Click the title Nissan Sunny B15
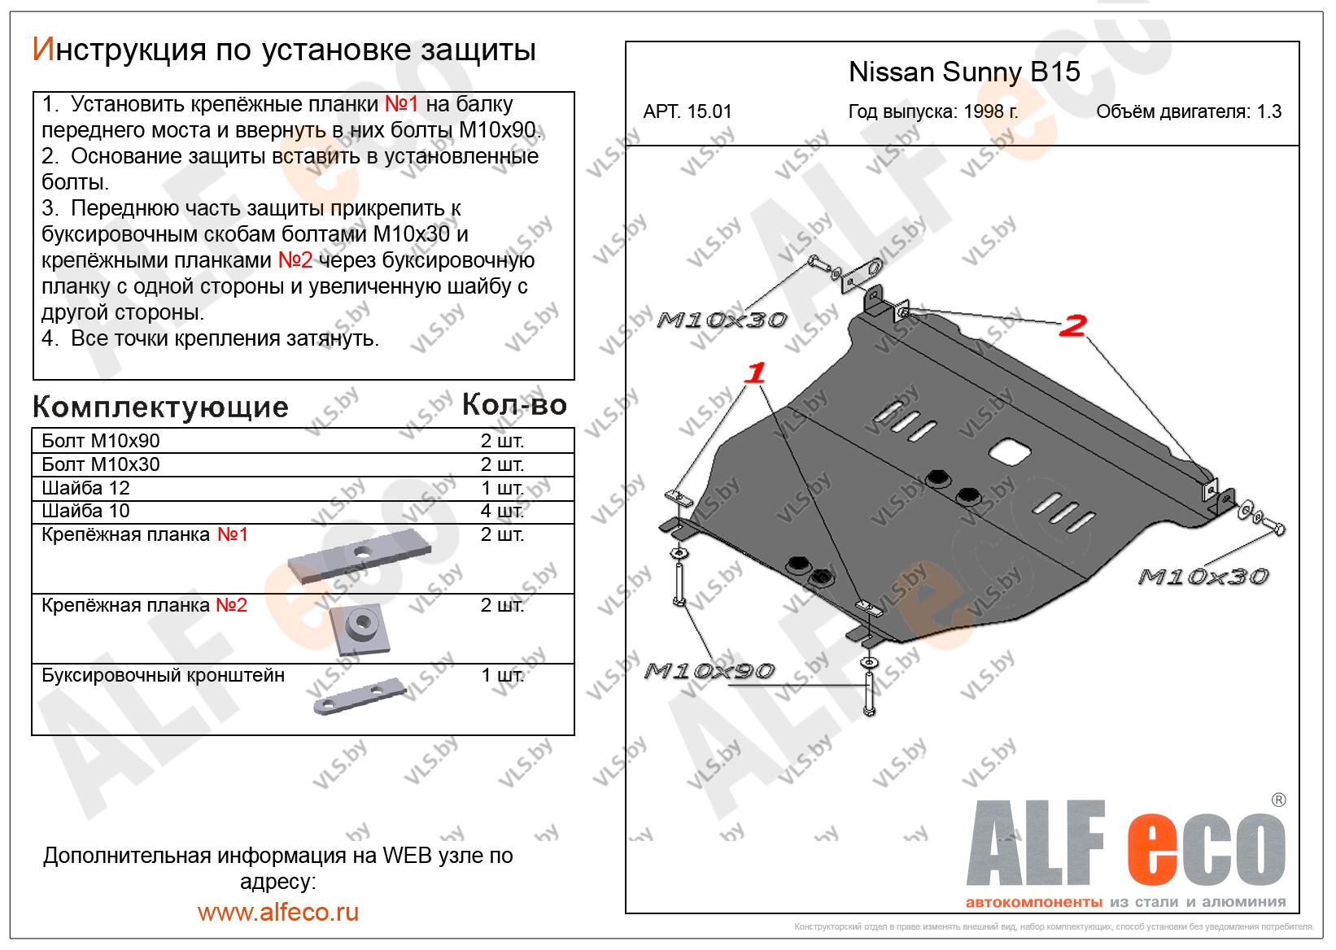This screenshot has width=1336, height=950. [x=964, y=72]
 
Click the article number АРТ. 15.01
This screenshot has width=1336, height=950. [x=688, y=112]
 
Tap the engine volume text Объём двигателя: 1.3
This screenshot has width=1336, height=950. [x=1189, y=112]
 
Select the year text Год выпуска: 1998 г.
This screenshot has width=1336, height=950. [x=932, y=112]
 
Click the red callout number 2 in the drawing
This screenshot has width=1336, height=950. [x=1073, y=327]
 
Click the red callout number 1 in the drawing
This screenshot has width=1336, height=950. [x=756, y=374]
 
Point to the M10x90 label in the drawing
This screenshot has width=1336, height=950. [x=709, y=671]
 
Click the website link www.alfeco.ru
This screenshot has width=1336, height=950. [x=278, y=912]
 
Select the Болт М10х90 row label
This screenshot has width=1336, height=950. [x=101, y=441]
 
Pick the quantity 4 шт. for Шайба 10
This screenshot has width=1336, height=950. [x=502, y=512]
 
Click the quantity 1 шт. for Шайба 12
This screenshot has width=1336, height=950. [x=502, y=488]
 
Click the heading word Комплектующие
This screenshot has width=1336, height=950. [x=160, y=407]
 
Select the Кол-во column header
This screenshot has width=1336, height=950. [x=514, y=405]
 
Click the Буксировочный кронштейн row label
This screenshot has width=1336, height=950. [x=164, y=675]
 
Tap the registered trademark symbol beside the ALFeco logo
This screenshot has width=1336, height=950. [x=1278, y=800]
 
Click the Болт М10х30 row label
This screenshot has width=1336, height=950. [x=101, y=464]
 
